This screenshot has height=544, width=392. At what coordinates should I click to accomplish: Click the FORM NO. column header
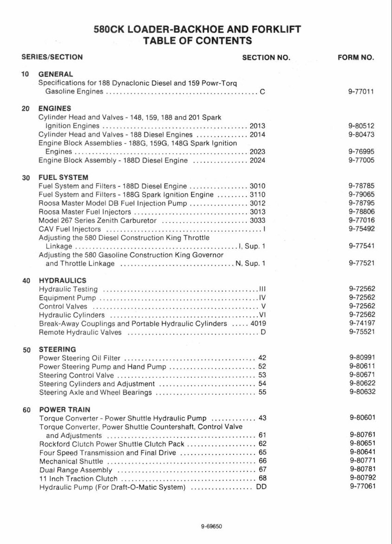pos(355,58)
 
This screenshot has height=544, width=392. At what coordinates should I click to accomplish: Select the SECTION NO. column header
pos(266,58)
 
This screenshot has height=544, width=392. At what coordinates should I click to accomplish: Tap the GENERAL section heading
pos(56,74)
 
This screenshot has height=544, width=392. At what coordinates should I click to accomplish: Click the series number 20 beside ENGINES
pos(26,109)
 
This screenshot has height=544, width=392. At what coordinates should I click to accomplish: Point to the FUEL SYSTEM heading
pos(63,177)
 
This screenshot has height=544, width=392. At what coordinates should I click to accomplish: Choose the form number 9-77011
pos(361,92)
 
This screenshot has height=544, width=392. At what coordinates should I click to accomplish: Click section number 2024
pos(257,160)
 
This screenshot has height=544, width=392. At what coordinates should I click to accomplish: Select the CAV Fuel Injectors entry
pos(70,229)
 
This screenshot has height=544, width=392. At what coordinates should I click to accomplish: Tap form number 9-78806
pos(361,211)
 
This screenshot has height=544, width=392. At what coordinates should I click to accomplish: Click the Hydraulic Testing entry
pos(68,289)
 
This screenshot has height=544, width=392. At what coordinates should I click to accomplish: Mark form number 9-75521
pos(361,332)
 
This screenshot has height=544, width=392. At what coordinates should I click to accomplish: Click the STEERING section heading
pos(57,349)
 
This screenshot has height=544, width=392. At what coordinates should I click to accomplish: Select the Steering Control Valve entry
pos(76,375)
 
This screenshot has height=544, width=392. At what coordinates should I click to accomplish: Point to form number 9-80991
pos(362,358)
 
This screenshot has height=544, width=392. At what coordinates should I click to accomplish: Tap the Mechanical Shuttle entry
pos(71,461)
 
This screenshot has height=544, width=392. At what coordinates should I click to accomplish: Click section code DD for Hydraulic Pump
pos(261,487)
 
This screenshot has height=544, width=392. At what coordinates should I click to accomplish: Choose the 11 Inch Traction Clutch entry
pos(78,478)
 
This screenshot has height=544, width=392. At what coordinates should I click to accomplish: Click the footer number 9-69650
pos(211,527)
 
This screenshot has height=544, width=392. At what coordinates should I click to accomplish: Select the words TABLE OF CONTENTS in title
pos(197,41)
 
